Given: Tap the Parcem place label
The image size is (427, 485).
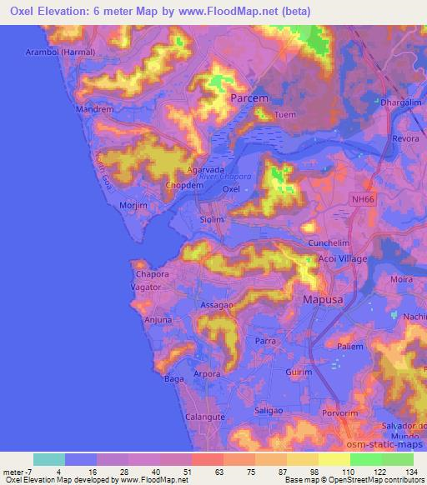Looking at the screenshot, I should pyautogui.click(x=249, y=99).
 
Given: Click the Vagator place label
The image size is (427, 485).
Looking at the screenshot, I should pyautogui.click(x=145, y=286).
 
